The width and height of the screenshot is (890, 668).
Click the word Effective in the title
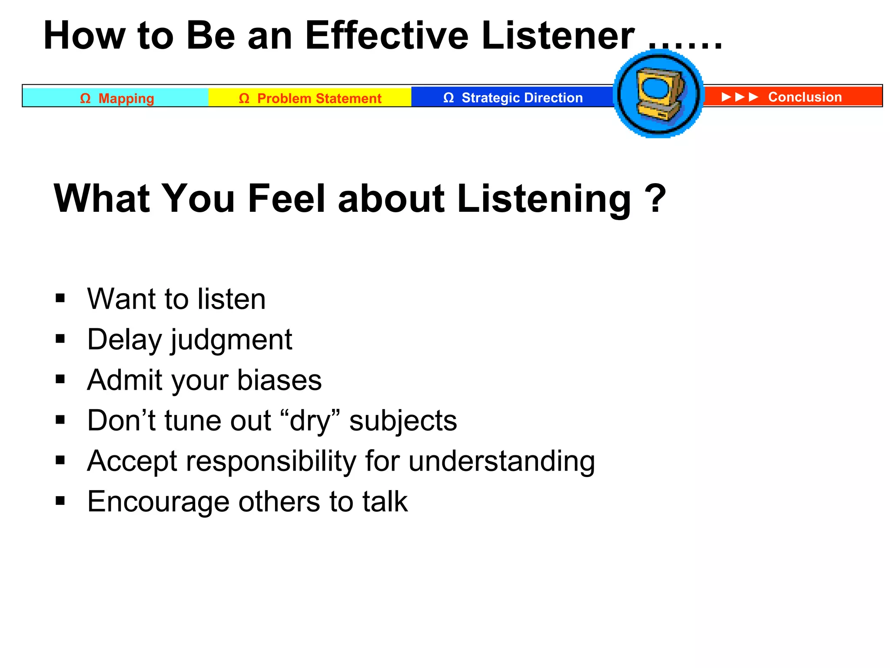point(387,36)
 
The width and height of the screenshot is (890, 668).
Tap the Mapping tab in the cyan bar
point(126,98)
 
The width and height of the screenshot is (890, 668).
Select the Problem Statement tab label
point(319,98)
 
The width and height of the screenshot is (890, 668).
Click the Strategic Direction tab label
point(521,97)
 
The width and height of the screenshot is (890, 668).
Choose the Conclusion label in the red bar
point(805,97)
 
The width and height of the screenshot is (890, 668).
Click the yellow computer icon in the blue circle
point(659,94)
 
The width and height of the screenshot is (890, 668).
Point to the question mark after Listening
point(655,198)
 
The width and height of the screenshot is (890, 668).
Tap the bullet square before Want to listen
point(60,298)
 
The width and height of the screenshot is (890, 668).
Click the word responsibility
point(271,461)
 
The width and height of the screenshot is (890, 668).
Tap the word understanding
point(501,461)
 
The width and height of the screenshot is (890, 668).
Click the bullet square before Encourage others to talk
point(60,501)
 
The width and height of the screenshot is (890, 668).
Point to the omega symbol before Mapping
point(85,98)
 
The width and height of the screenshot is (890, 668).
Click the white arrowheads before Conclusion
point(740,97)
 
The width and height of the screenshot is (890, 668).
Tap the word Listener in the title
point(558,36)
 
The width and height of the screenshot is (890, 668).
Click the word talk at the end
point(385,501)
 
